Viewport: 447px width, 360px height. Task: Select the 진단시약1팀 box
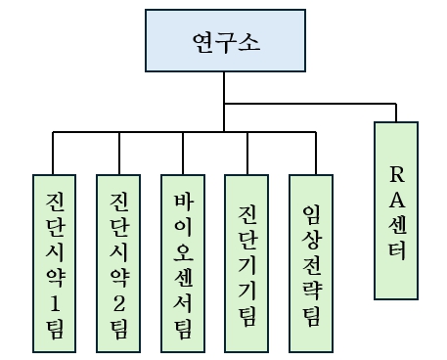[55, 262]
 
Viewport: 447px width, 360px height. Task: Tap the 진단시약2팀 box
[119, 262]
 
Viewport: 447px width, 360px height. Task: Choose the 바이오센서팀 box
[183, 262]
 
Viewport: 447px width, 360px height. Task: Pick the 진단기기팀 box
[247, 262]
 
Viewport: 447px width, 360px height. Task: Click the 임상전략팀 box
[312, 262]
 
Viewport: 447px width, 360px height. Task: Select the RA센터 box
[396, 209]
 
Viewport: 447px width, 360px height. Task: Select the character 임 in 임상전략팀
[312, 213]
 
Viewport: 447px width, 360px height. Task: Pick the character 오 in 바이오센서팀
[183, 252]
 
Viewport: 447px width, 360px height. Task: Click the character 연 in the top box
[201, 43]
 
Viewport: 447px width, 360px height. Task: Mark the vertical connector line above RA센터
[396, 112]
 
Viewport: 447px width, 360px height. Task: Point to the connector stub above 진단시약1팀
[55, 153]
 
